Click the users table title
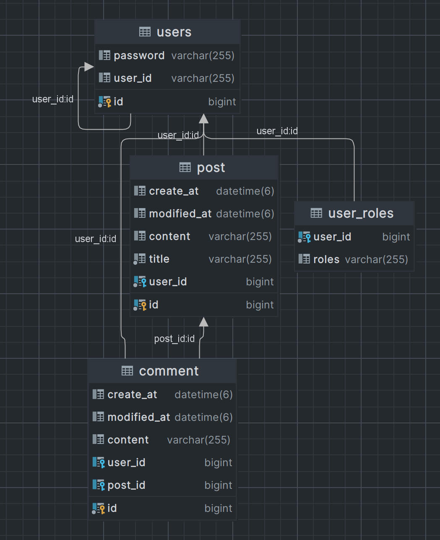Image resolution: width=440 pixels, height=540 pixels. click(x=174, y=32)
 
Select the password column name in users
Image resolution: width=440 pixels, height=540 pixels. click(x=139, y=55)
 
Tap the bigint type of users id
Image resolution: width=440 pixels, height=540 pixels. click(x=222, y=102)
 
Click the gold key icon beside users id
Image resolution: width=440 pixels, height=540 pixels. click(x=109, y=102)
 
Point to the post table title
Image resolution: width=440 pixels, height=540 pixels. click(x=211, y=167)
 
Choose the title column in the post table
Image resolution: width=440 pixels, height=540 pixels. click(x=159, y=259)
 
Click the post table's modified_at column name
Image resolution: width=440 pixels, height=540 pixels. click(x=180, y=214)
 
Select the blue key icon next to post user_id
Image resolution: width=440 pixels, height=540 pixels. click(x=144, y=282)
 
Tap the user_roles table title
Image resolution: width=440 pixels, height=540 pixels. click(x=361, y=213)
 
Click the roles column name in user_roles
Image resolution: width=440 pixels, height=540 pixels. click(x=326, y=259)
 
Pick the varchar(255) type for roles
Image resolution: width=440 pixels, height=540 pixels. click(x=376, y=259)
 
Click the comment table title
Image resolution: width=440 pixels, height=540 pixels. click(x=169, y=371)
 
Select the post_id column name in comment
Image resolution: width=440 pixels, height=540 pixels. click(x=127, y=485)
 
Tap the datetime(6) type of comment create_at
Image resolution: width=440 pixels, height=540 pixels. click(x=203, y=395)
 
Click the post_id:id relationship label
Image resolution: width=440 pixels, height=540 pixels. click(x=174, y=339)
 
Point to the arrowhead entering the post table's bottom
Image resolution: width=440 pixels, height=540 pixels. click(x=203, y=322)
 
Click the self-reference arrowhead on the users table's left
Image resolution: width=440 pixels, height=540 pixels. click(x=89, y=67)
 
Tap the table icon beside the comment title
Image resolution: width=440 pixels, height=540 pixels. click(x=127, y=371)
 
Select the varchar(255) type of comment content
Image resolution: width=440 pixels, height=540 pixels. click(x=199, y=440)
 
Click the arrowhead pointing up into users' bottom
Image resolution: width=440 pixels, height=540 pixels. click(x=203, y=119)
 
